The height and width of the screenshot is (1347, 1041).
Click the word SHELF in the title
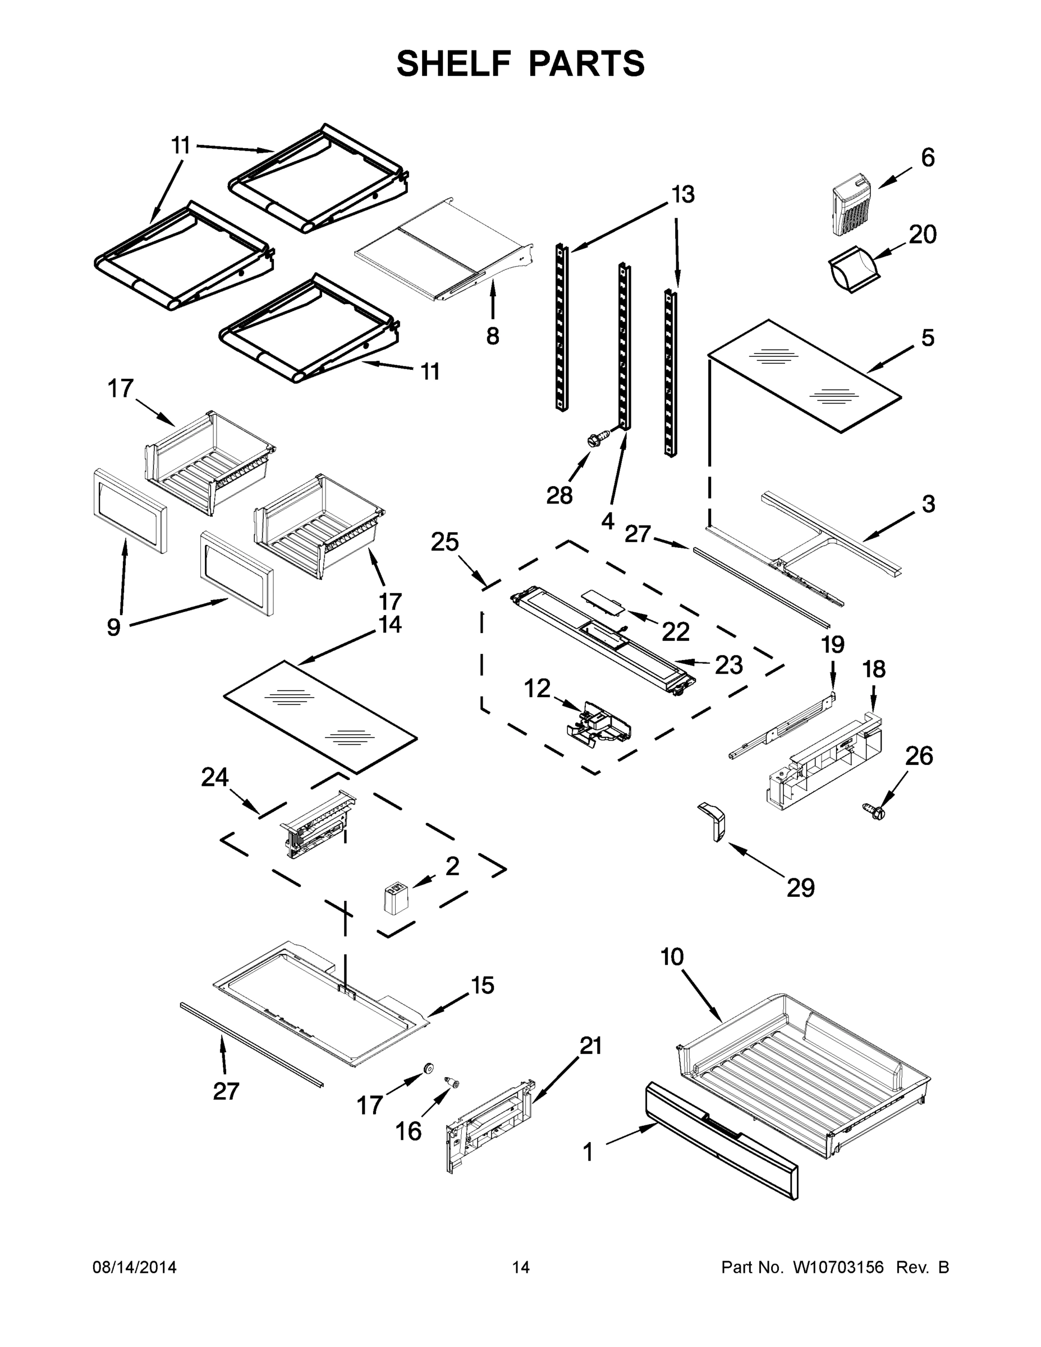coord(454,63)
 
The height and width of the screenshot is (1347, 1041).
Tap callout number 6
coord(928,158)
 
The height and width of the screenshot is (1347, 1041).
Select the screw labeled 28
coord(597,440)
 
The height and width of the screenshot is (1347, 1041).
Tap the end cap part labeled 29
coord(713,821)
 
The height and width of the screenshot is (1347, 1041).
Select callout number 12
coord(536,688)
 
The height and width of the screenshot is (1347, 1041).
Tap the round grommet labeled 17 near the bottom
coord(428,1068)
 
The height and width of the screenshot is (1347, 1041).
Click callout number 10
coord(672,956)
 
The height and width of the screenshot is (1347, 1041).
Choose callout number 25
coord(444,542)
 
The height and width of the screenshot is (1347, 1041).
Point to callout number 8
coord(492,336)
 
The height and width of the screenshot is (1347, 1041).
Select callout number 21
coord(590,1046)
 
